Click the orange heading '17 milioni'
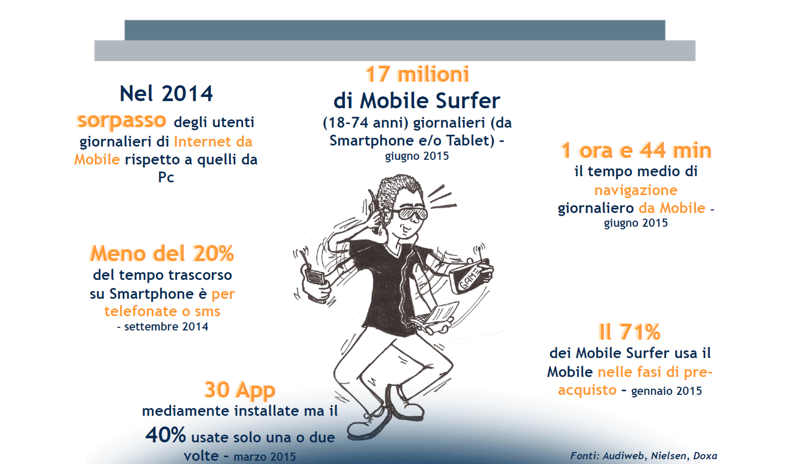(417, 74)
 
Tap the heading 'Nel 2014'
(166, 94)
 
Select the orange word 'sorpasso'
(122, 121)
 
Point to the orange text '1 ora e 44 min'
(636, 150)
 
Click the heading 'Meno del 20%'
(162, 254)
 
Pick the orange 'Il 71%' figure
(629, 332)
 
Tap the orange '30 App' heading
(240, 390)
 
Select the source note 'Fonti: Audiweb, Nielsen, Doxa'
(643, 456)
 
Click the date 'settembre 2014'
(166, 327)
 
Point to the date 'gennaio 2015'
(666, 391)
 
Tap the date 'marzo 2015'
(265, 457)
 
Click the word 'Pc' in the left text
(166, 177)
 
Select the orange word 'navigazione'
(636, 190)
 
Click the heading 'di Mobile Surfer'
(417, 101)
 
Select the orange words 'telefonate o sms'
(162, 311)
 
